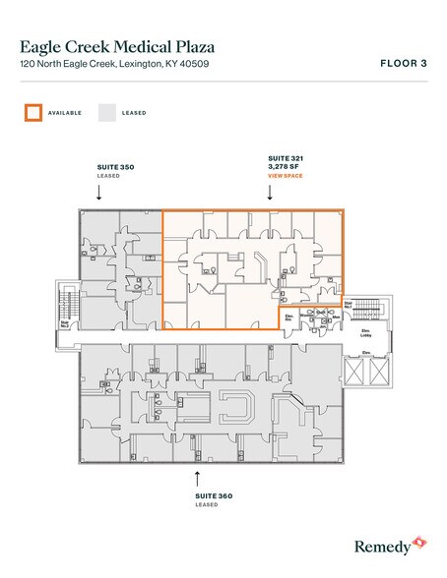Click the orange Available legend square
[x=33, y=112]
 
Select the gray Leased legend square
[x=107, y=112]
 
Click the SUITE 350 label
[x=114, y=168]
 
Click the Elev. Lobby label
[x=363, y=332]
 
